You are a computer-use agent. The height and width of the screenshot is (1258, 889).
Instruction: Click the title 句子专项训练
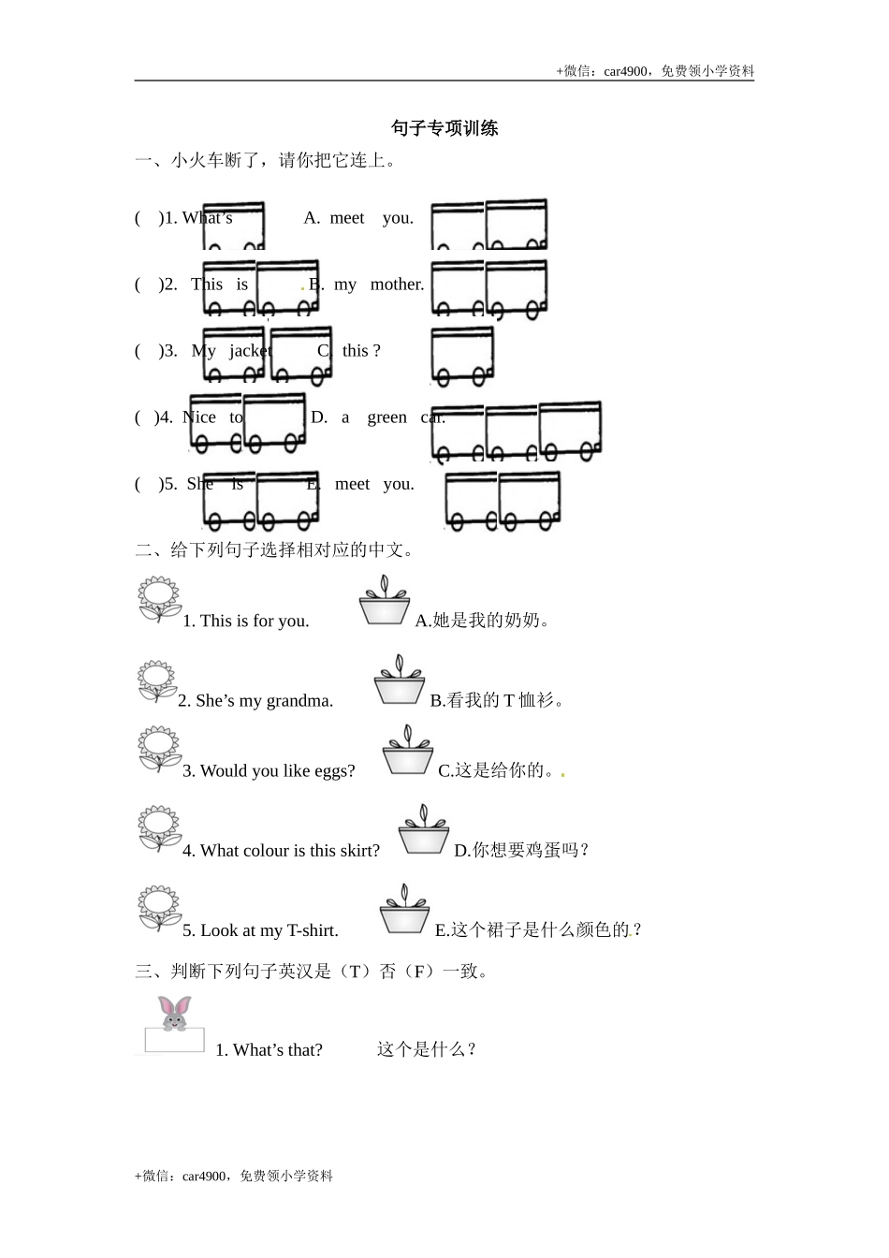(444, 128)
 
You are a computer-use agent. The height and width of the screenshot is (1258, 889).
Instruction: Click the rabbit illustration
(175, 1013)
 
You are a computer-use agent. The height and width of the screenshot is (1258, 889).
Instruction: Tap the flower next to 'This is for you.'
(158, 600)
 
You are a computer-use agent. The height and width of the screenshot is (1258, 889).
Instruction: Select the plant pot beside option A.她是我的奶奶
(384, 601)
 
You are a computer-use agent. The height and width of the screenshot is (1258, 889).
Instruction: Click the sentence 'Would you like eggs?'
(269, 771)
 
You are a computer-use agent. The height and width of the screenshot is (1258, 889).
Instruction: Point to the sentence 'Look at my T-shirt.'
(260, 930)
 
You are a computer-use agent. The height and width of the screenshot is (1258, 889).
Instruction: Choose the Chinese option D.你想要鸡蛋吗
(521, 851)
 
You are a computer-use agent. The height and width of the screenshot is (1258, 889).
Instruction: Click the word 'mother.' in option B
(397, 285)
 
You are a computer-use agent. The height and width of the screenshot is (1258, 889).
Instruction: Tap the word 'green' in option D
(387, 417)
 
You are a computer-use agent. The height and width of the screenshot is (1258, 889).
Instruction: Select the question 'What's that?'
(269, 1050)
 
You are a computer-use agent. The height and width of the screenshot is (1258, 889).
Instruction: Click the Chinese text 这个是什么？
(428, 1050)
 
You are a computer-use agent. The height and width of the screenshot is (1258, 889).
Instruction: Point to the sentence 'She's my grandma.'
(255, 701)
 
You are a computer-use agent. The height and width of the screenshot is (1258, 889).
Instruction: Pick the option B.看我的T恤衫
(497, 701)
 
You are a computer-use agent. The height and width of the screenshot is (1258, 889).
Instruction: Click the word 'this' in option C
(356, 351)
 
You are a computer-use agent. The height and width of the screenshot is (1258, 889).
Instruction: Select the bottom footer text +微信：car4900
(234, 1177)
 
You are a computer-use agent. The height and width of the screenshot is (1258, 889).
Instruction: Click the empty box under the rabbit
(174, 1040)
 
